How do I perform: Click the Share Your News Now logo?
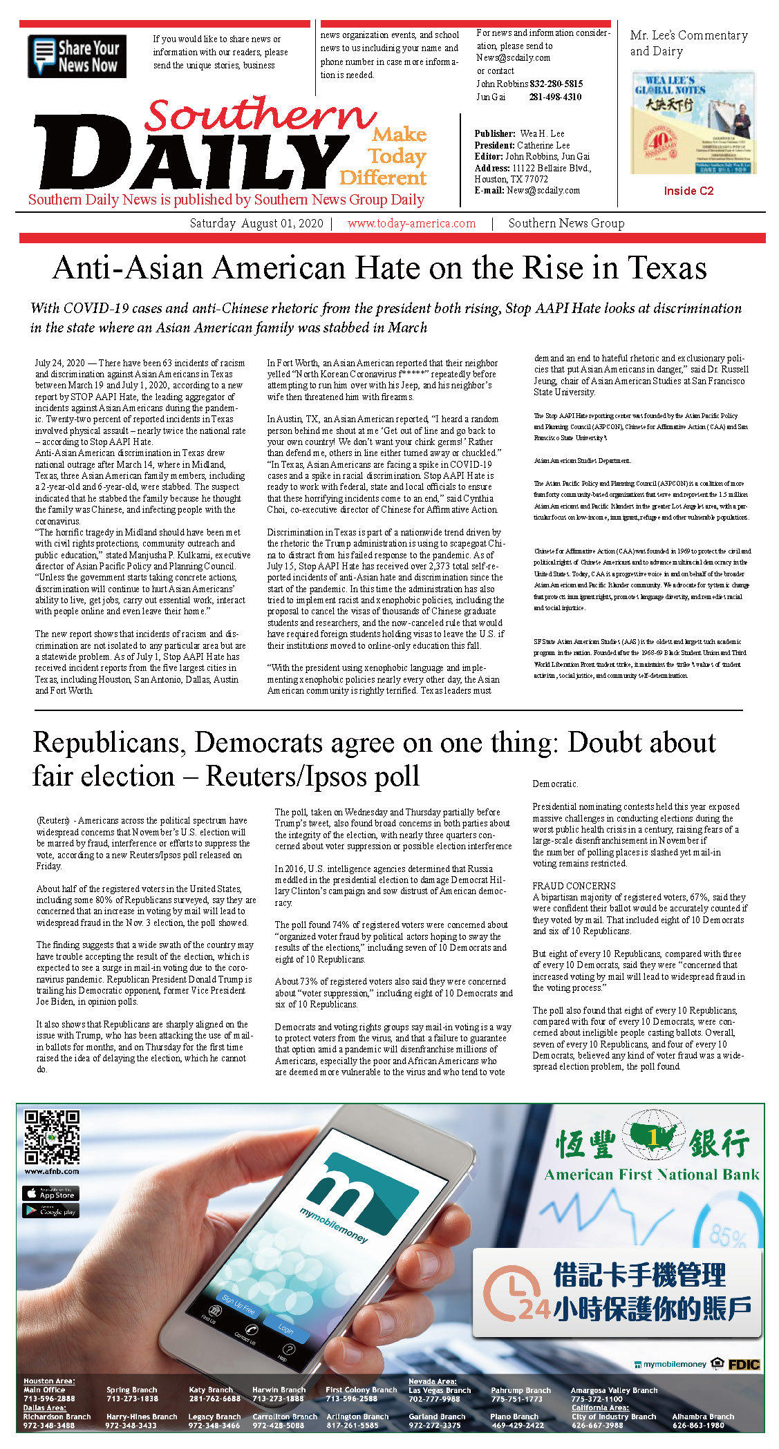[x=77, y=56]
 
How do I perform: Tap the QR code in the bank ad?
[x=52, y=1137]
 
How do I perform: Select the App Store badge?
[x=51, y=1193]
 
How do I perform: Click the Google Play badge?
[x=51, y=1211]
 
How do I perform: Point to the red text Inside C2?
[x=688, y=191]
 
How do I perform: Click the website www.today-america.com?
[x=411, y=223]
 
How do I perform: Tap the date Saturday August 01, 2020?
[x=256, y=223]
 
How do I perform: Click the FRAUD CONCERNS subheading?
[x=574, y=886]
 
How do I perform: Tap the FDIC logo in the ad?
[x=744, y=1364]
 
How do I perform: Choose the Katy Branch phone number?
[x=214, y=1399]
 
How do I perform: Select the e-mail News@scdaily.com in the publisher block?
[x=543, y=190]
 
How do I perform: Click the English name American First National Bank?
[x=651, y=1175]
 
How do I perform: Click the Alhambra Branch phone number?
[x=698, y=1425]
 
